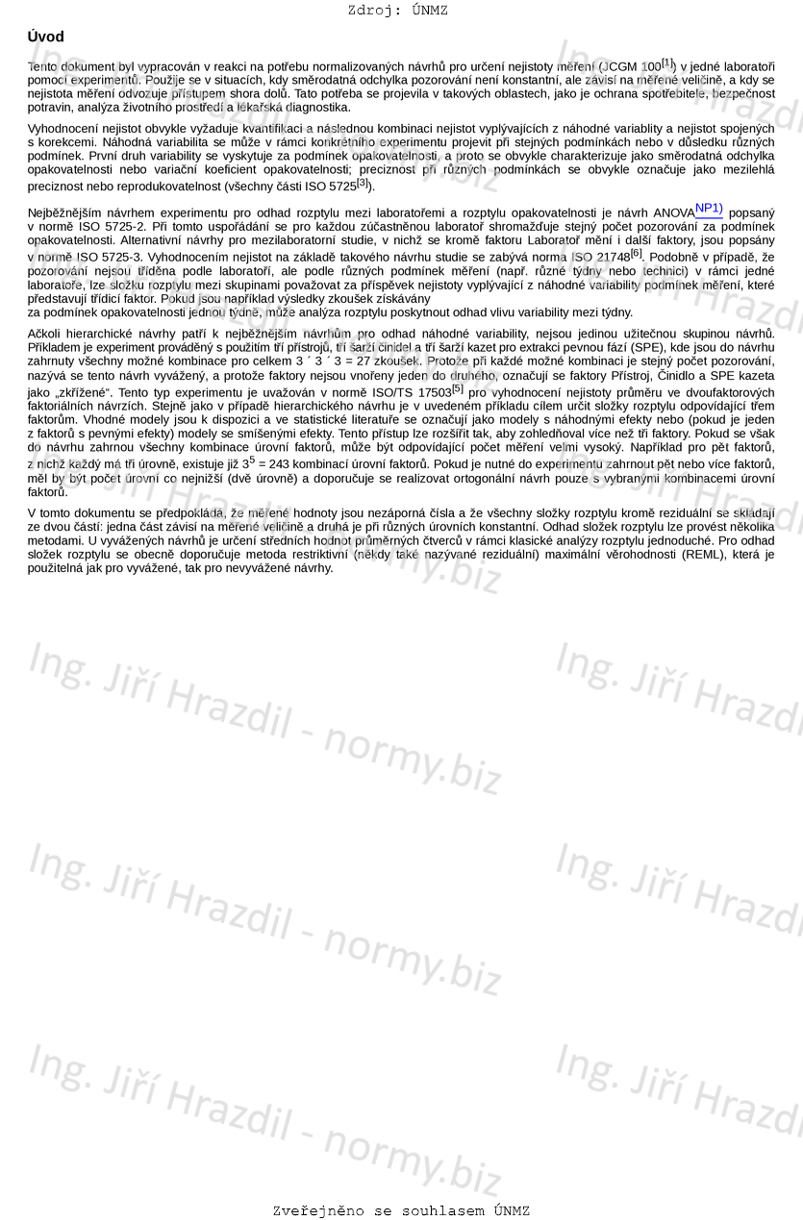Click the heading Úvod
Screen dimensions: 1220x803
click(46, 37)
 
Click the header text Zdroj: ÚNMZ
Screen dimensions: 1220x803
click(397, 11)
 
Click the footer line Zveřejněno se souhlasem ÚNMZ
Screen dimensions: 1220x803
click(401, 1210)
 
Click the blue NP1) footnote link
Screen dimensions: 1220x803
click(709, 208)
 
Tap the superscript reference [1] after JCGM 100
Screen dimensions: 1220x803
click(668, 62)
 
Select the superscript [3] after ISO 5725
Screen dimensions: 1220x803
click(363, 183)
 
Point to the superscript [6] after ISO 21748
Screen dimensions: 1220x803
click(636, 253)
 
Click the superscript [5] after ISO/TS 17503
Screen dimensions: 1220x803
click(457, 388)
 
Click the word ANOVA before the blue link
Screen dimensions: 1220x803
click(672, 212)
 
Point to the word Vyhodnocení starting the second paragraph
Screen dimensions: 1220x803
click(64, 128)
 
